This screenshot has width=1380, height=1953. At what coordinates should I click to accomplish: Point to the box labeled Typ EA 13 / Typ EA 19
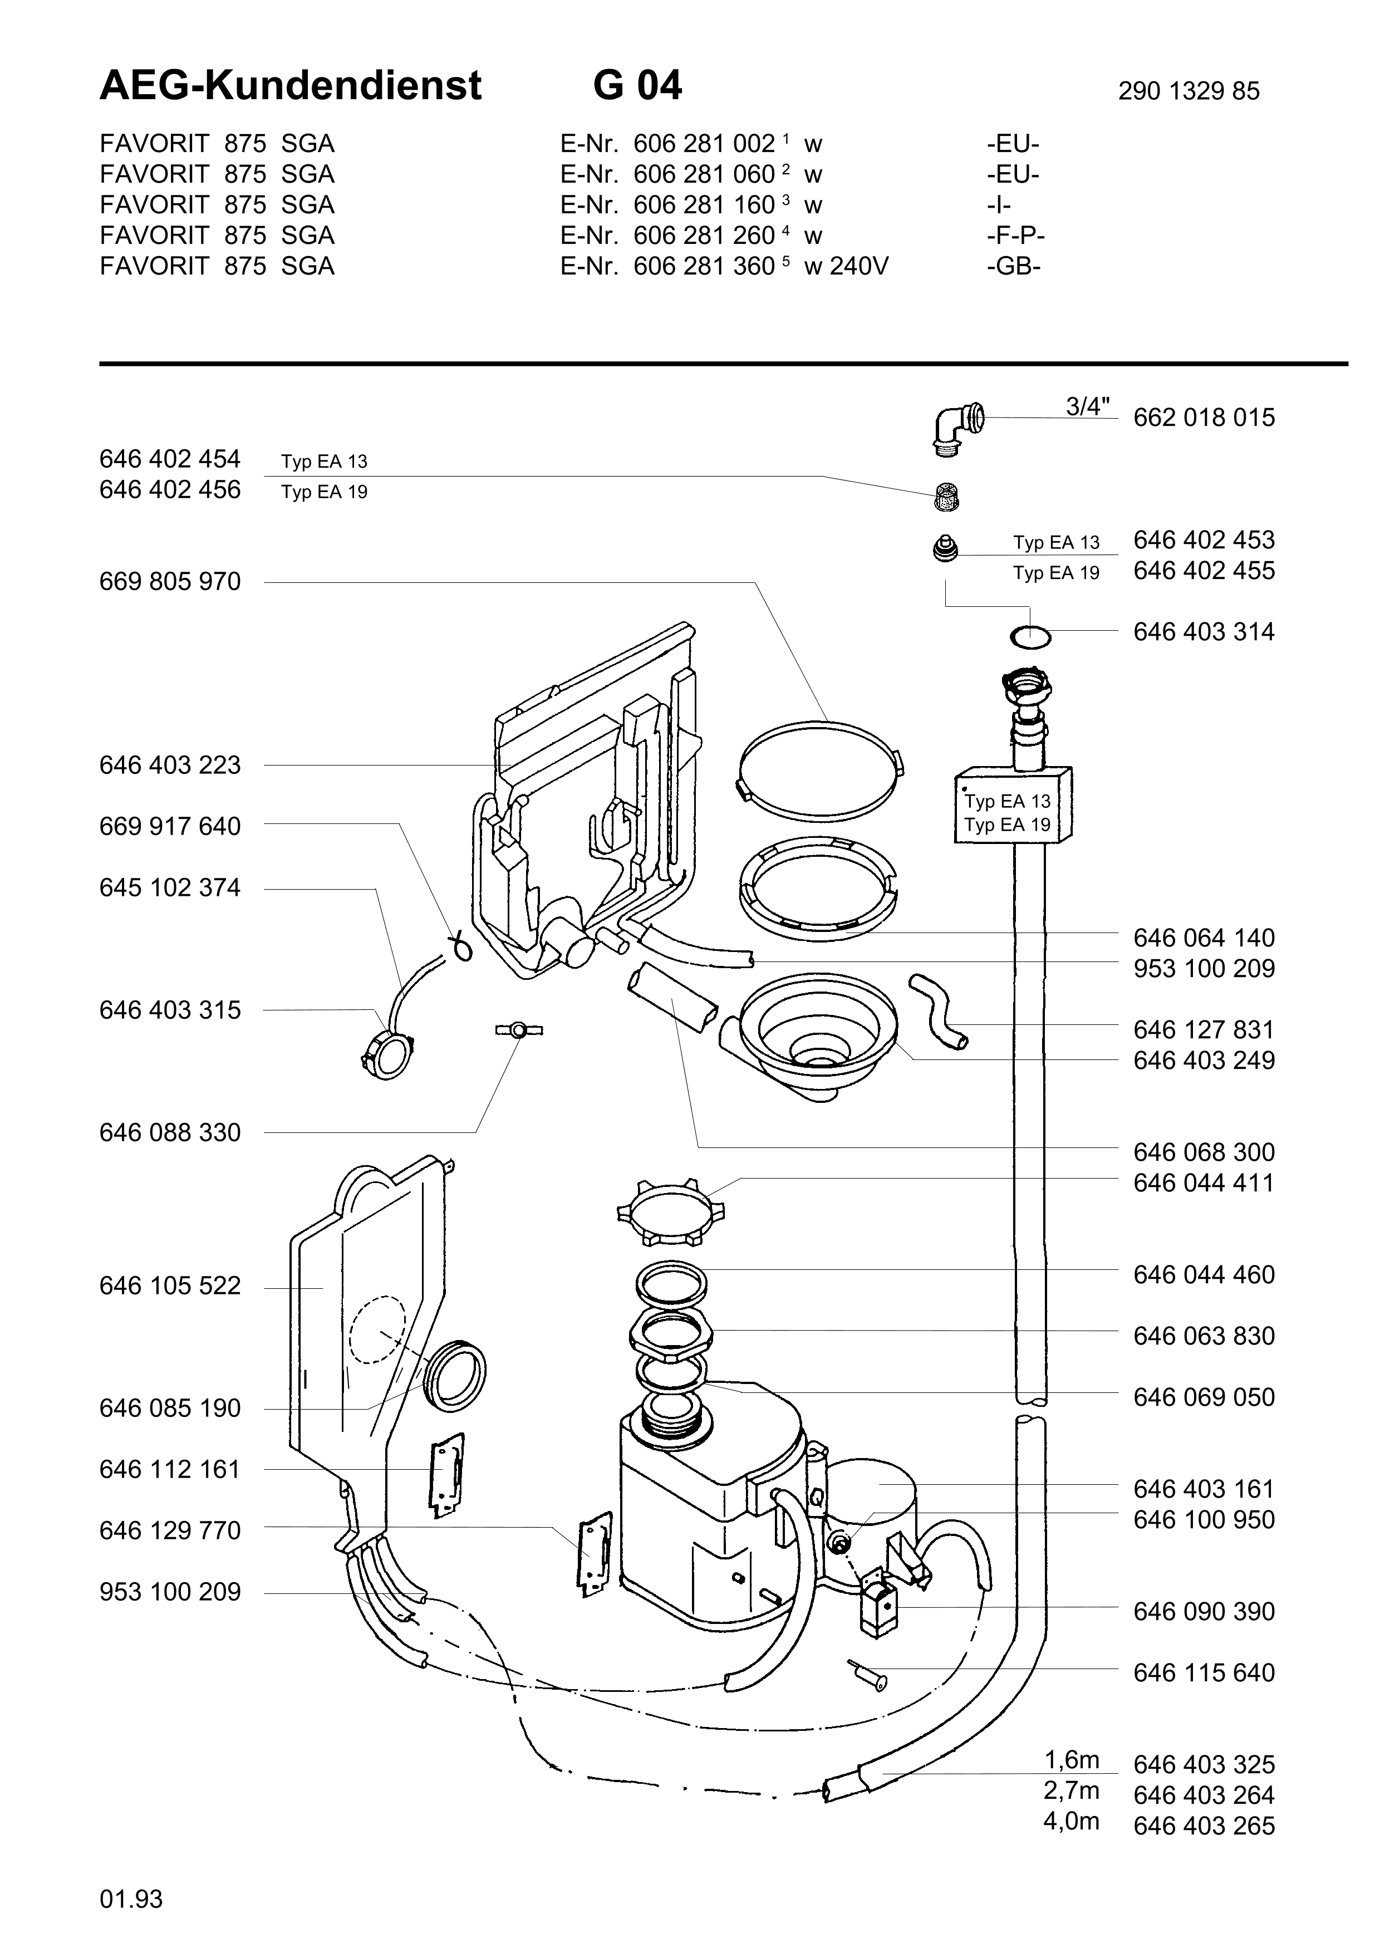pos(1012,804)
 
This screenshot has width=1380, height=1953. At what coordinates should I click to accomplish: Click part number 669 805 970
pos(170,582)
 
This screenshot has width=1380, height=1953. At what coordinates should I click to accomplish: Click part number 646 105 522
pos(170,1286)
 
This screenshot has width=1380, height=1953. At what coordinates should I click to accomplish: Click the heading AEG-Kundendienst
pos(291,86)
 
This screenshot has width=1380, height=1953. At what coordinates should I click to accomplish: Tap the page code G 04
pos(637,86)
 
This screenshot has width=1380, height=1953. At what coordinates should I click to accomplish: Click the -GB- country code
pos(1014,266)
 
